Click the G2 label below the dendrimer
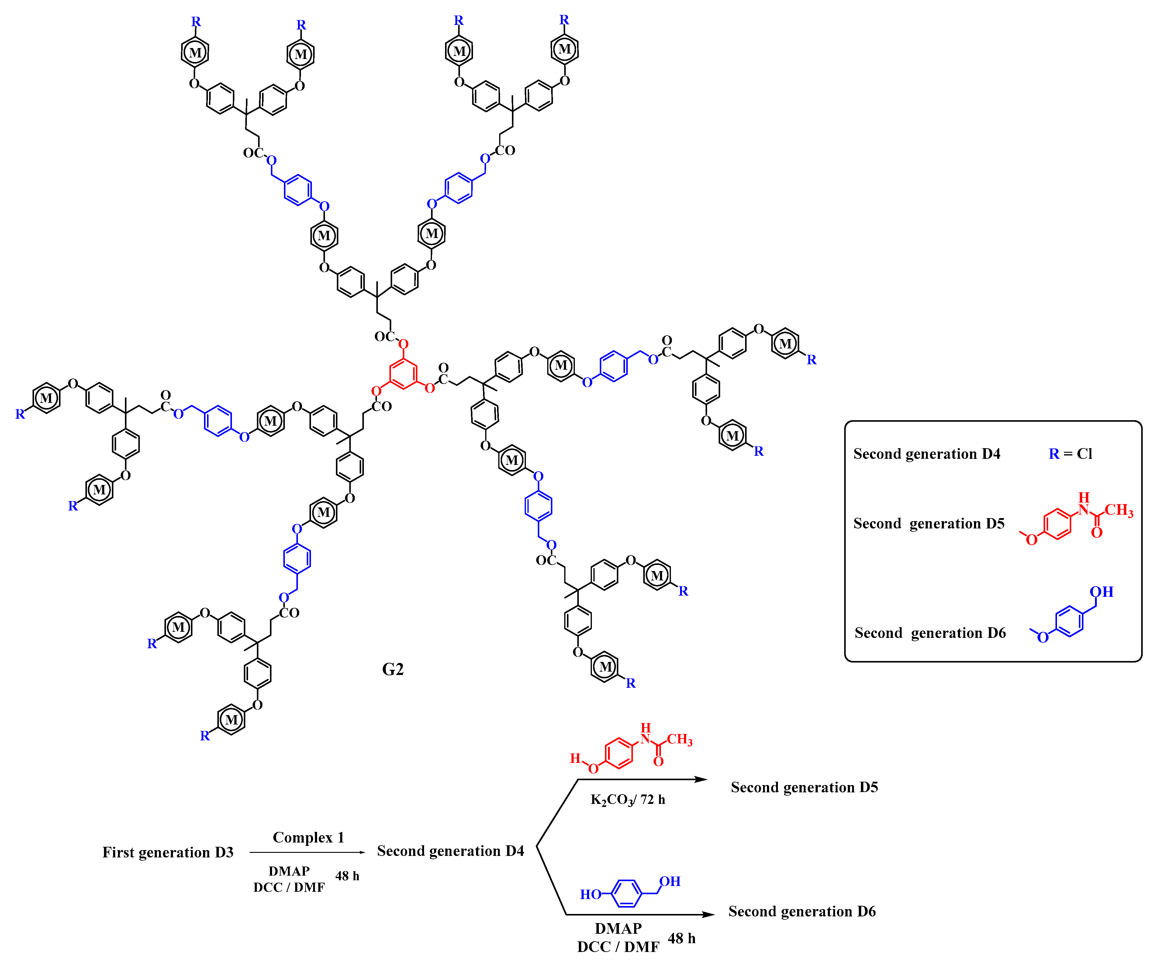[393, 670]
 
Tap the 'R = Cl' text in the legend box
[1070, 453]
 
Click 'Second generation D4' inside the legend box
[927, 453]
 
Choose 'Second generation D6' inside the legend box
[930, 632]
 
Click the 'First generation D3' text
[168, 852]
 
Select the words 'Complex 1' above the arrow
[309, 837]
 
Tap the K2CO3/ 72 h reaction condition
[627, 799]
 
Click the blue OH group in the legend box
[1102, 592]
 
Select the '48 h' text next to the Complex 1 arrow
[347, 875]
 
